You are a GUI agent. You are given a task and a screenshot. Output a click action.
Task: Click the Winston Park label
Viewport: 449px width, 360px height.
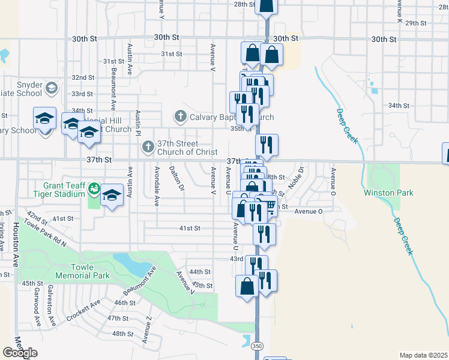point(388,193)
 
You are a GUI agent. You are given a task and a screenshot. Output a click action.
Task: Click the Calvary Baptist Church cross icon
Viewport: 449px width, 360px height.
point(179,116)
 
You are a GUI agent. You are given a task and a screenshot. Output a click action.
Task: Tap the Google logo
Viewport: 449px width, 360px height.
point(20,353)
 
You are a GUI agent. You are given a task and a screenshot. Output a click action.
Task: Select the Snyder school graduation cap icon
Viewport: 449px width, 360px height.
point(52,89)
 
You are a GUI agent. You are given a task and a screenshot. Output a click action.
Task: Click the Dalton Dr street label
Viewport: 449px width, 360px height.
point(175,179)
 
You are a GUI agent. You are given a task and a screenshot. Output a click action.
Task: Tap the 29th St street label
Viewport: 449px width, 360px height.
point(415,23)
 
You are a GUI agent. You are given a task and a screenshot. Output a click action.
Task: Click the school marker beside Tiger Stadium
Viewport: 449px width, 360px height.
point(112,195)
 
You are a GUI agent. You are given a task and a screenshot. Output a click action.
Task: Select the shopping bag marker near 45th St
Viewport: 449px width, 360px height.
point(247,286)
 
